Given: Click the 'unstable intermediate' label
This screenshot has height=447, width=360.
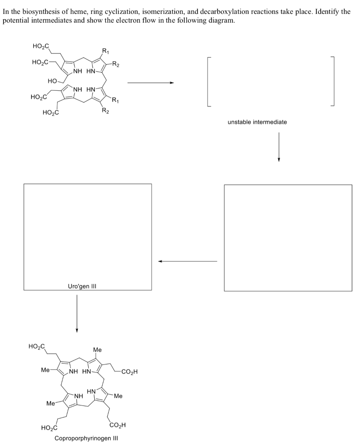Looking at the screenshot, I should pyautogui.click(x=257, y=122).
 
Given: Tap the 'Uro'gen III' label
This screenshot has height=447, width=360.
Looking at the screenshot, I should pyautogui.click(x=82, y=286).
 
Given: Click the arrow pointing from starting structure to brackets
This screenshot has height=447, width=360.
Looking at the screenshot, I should pyautogui.click(x=151, y=83).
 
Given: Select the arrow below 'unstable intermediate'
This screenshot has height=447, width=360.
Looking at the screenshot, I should pyautogui.click(x=278, y=146).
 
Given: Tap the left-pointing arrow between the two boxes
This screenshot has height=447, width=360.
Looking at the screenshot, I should pyautogui.click(x=188, y=261).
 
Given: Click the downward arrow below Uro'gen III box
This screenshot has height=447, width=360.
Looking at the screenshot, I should pyautogui.click(x=77, y=313).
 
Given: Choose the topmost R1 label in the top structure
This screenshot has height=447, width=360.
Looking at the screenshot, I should pyautogui.click(x=106, y=50).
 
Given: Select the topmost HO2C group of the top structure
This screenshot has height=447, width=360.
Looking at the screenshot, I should pyautogui.click(x=41, y=46).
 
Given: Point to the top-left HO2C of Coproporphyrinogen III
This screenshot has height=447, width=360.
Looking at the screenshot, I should pyautogui.click(x=36, y=347).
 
